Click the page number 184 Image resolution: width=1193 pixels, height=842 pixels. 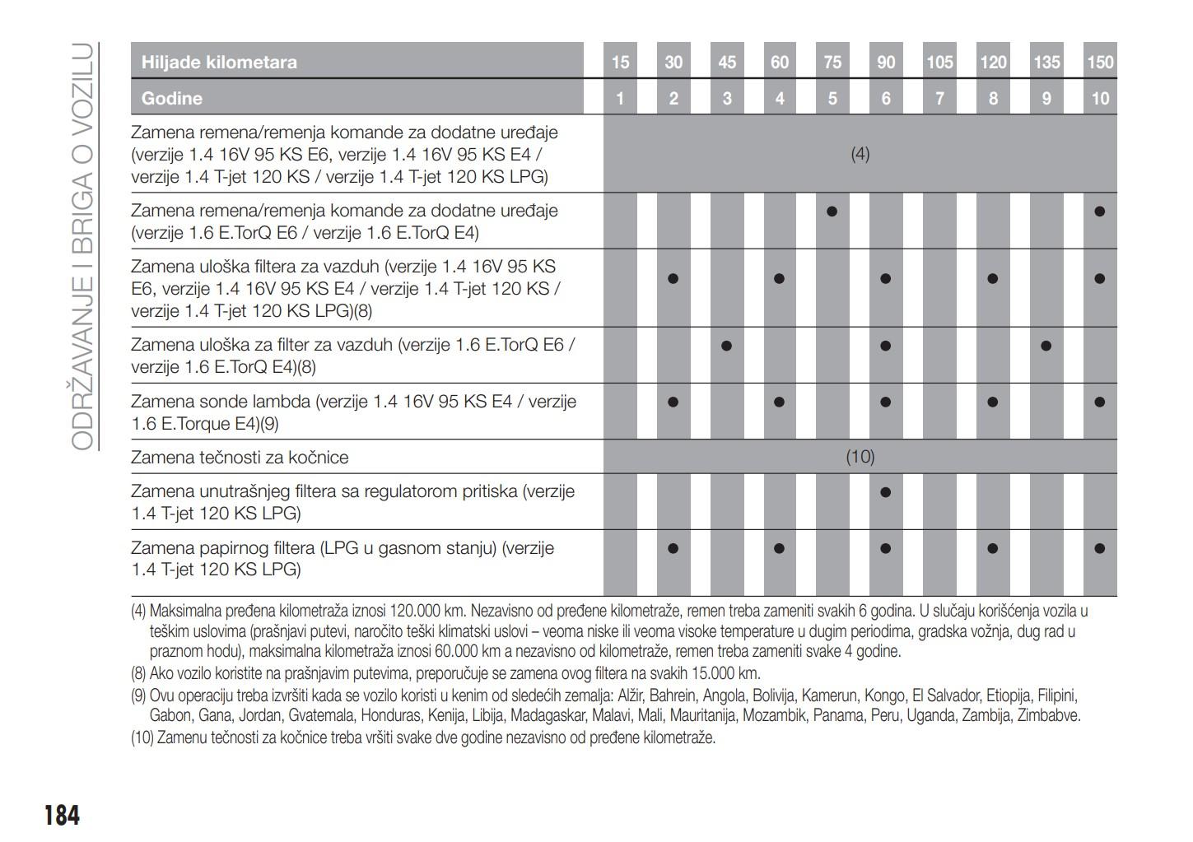(62, 815)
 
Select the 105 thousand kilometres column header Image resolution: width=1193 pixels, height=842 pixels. (939, 62)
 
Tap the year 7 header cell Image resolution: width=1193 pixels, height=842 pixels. (939, 99)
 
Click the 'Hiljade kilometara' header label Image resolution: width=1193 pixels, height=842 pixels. (219, 62)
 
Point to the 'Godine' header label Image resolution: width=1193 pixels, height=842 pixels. (171, 99)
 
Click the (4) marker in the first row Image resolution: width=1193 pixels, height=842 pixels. (860, 154)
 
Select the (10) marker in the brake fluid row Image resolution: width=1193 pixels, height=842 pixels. (860, 457)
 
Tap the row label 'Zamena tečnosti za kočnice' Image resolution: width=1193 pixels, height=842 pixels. (240, 458)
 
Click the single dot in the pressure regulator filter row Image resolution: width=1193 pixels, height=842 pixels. (885, 492)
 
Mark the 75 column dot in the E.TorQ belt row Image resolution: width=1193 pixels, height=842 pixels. (832, 212)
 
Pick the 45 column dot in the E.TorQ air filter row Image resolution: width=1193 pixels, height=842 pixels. (726, 346)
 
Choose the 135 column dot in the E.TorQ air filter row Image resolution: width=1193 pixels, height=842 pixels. (1046, 346)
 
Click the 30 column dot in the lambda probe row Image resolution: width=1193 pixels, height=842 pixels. (673, 402)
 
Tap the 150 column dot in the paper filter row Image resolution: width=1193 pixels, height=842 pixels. (1099, 548)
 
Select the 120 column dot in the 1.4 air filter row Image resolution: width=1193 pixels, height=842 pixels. (992, 278)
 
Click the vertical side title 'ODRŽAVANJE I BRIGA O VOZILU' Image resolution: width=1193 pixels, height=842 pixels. (82, 247)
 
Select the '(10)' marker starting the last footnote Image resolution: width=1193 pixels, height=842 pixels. (142, 737)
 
